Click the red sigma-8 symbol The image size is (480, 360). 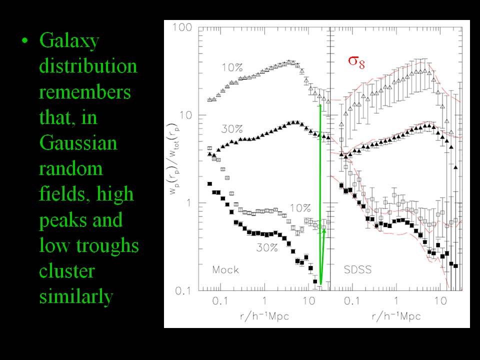[x=356, y=62]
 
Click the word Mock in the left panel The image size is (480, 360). [x=225, y=269]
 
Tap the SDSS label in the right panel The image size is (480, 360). [x=357, y=269]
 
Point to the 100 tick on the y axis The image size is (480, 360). [x=182, y=27]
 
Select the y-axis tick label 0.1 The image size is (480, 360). [x=183, y=290]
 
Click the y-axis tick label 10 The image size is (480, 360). [x=186, y=115]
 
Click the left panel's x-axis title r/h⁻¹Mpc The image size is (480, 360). [x=264, y=315]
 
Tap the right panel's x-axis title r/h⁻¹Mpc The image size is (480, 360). [x=396, y=315]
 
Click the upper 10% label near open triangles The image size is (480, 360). [x=232, y=67]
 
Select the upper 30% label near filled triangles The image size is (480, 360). [x=231, y=129]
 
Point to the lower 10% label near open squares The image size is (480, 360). [x=300, y=208]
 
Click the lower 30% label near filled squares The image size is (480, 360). [x=267, y=247]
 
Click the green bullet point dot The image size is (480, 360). [x=25, y=41]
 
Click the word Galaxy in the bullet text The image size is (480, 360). [x=69, y=40]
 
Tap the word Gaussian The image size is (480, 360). [x=78, y=143]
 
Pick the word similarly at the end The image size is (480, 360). [x=76, y=297]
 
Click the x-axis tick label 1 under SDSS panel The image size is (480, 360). [x=396, y=301]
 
